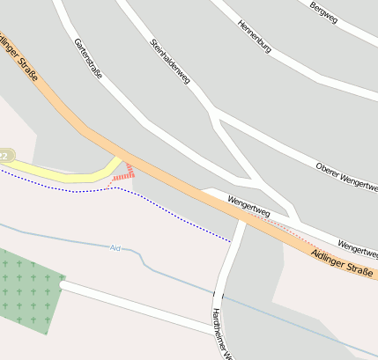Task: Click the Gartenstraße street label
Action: click(88, 59)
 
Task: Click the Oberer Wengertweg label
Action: click(346, 177)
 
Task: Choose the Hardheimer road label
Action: click(221, 334)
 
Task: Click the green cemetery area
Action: click(26, 290)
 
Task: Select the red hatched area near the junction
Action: click(125, 174)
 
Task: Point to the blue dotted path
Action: click(176, 210)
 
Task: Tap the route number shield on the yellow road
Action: click(4, 156)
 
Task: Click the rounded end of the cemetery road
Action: click(63, 285)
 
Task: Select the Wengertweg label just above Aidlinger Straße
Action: click(248, 209)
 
